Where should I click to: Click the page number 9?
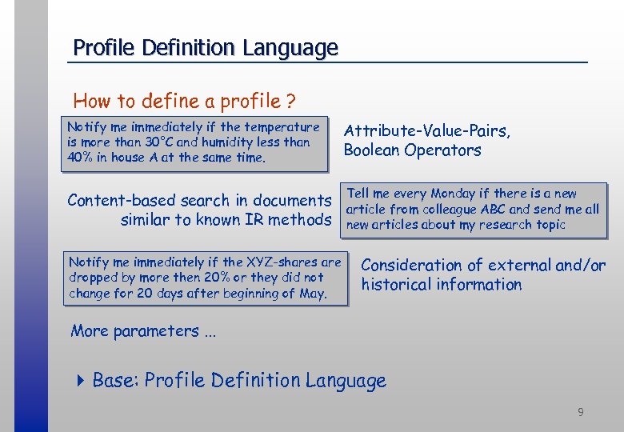pyautogui.click(x=581, y=412)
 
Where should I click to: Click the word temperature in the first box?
pyautogui.click(x=282, y=126)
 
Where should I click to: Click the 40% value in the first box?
pyautogui.click(x=80, y=157)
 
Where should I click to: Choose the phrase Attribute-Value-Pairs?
pyautogui.click(x=426, y=130)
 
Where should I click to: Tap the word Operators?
pyautogui.click(x=446, y=150)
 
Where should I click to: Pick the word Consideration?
pyautogui.click(x=412, y=265)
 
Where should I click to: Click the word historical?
pyautogui.click(x=394, y=284)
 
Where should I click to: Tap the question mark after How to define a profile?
pyautogui.click(x=291, y=102)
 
